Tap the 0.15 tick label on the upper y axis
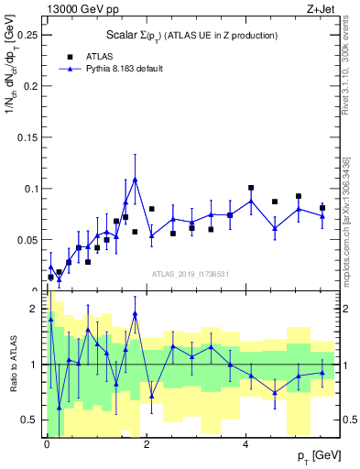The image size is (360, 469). click(x=27, y=137)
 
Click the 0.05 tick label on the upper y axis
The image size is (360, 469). click(x=27, y=240)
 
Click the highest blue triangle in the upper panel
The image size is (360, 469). click(x=135, y=180)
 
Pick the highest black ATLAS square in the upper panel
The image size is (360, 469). click(x=251, y=188)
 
